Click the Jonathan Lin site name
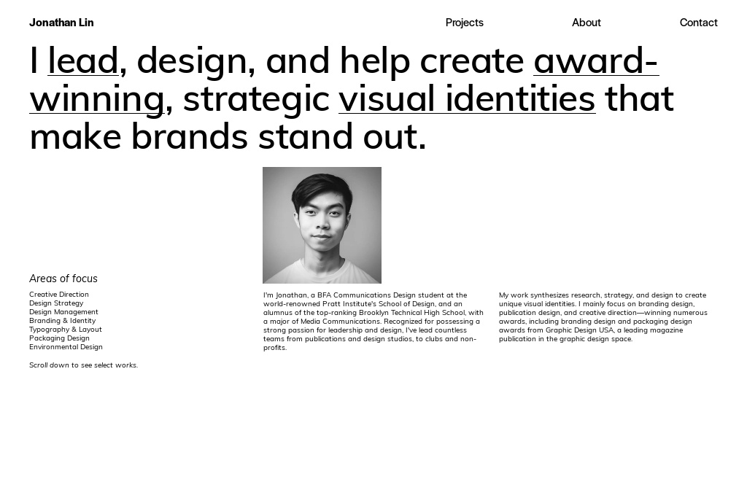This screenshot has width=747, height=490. [x=61, y=23]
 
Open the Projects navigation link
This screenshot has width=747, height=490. [x=464, y=23]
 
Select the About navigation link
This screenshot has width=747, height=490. [x=586, y=23]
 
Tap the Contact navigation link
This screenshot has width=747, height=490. [x=698, y=23]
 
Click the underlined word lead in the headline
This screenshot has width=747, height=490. [x=83, y=61]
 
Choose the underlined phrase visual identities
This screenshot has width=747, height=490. [x=467, y=98]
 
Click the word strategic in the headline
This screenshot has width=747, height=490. [x=256, y=99]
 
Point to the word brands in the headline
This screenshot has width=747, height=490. [x=190, y=136]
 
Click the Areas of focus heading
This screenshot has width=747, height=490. [x=63, y=279]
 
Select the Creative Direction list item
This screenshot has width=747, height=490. [x=59, y=295]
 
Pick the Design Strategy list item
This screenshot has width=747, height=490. [x=56, y=303]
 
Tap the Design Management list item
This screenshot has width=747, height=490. [x=63, y=312]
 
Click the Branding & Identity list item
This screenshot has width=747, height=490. [x=62, y=321]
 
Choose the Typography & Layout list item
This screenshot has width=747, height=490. [x=66, y=330]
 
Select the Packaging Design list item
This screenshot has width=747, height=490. [x=59, y=338]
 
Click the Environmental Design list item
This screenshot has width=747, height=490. [x=66, y=347]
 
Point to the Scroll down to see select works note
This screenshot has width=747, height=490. [x=83, y=365]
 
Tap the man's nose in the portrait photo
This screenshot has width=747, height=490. [x=322, y=222]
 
